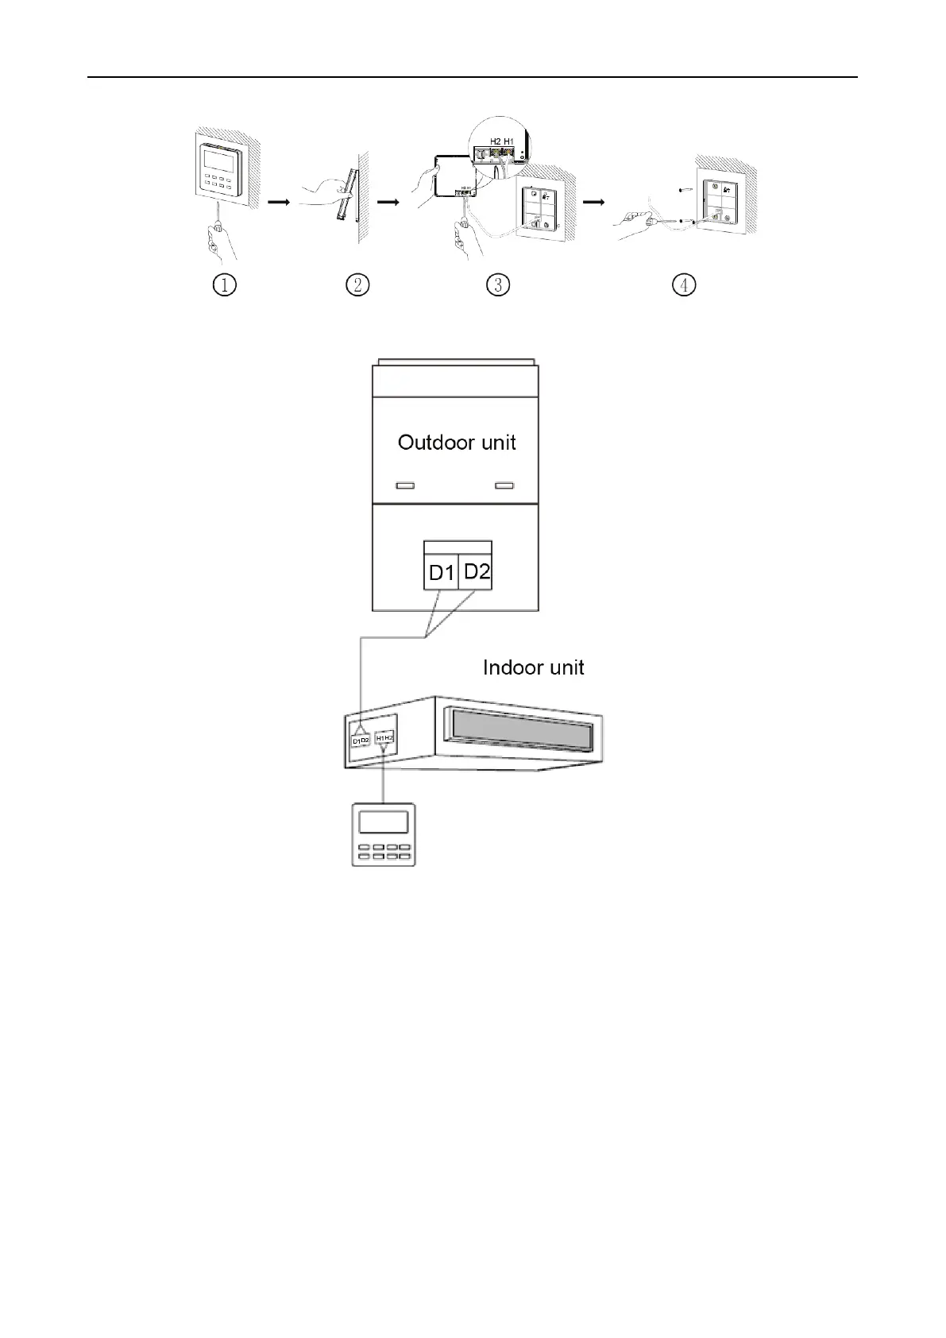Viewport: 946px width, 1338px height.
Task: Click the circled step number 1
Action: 225,284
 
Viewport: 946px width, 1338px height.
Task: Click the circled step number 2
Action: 357,284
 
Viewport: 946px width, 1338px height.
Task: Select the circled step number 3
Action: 497,284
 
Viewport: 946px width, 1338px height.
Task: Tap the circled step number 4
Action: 683,284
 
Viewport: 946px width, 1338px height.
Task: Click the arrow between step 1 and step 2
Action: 278,202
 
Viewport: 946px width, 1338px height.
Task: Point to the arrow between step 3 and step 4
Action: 593,202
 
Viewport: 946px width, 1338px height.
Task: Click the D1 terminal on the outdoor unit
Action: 441,572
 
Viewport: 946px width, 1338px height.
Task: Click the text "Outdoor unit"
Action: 457,443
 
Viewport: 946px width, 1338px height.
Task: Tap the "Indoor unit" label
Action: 533,667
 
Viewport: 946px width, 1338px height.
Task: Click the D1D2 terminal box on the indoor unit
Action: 361,741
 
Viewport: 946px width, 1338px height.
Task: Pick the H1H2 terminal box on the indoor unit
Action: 384,738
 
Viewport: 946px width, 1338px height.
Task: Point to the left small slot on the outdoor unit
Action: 405,485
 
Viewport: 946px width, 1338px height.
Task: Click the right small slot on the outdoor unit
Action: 504,485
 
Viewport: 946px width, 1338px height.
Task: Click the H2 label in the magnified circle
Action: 495,141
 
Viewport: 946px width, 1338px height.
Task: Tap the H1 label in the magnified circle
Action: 508,141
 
